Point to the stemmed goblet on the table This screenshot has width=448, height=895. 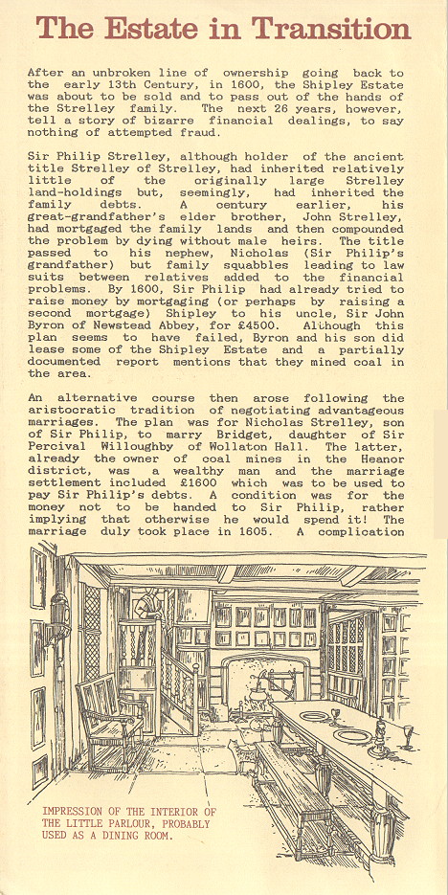(x=406, y=733)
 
